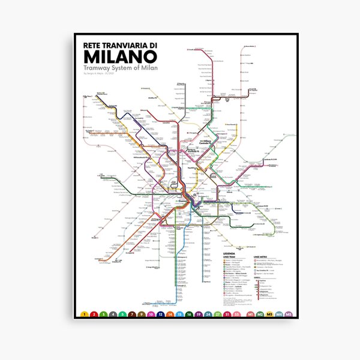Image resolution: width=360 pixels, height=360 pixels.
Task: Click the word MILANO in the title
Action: [x=121, y=56]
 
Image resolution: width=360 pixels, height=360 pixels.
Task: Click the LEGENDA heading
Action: [x=229, y=254]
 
